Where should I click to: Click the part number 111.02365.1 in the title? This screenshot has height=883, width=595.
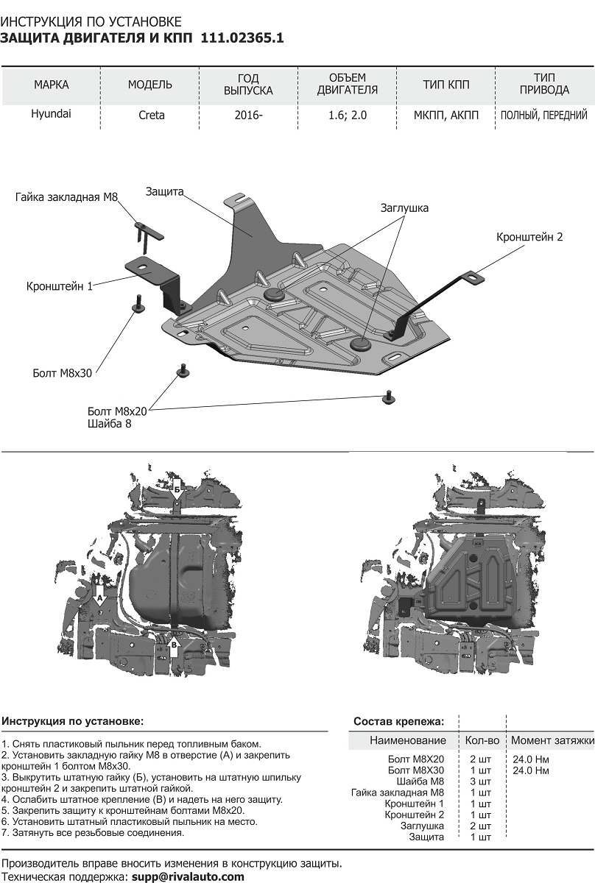pos(242,38)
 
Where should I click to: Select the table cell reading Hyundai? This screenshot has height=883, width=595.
pos(51,114)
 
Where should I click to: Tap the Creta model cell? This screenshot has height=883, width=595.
pos(152,115)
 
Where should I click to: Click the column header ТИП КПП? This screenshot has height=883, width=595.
pos(446,85)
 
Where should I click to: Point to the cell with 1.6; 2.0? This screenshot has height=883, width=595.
pos(347,115)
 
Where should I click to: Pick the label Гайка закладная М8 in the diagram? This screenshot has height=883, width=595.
pos(66,196)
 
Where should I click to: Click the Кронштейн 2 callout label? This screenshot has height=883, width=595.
pos(529,237)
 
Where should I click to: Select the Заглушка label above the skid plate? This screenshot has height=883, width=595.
pos(404,208)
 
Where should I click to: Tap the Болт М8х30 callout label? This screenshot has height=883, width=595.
pos(63,373)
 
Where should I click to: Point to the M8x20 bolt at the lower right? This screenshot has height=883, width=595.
pos(387,398)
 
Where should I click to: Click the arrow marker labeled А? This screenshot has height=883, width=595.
pos(99,595)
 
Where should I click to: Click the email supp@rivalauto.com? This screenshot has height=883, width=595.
pos(188,876)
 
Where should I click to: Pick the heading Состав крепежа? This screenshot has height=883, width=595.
pos(398,721)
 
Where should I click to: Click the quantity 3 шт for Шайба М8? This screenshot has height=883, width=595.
pos(480,781)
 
